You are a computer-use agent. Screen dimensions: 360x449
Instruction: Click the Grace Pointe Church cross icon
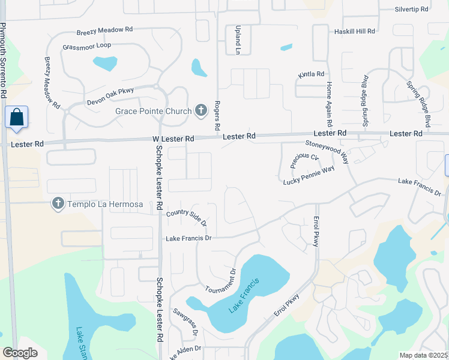[x=201, y=110]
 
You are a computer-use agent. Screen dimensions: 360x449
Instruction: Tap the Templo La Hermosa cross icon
[x=58, y=203]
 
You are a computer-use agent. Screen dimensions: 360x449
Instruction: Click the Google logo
[x=20, y=353]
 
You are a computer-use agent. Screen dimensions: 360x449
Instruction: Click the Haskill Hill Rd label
[x=354, y=31]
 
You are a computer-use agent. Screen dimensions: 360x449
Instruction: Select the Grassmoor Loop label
[x=86, y=46]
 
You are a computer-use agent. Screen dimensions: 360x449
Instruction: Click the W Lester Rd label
[x=173, y=139]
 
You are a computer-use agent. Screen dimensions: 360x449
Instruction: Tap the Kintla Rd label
[x=312, y=74]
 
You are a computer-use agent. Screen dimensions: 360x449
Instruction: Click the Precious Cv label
[x=304, y=161]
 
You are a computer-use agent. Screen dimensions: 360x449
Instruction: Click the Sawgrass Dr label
[x=186, y=320]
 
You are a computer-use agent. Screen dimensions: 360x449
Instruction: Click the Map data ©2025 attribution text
[x=423, y=355]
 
